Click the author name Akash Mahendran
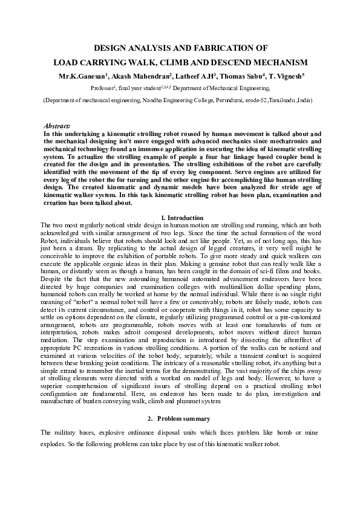pos(142,76)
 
